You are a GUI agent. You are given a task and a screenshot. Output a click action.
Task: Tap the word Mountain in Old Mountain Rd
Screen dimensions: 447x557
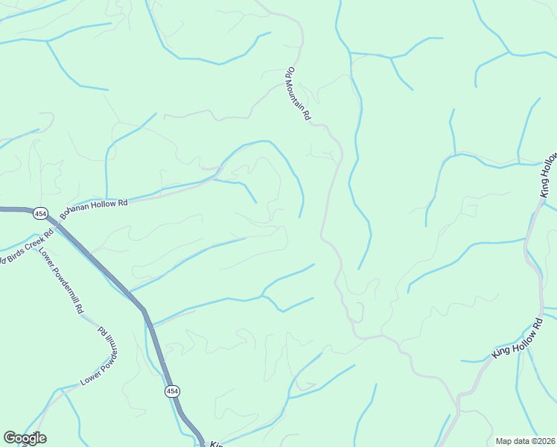tap(298, 95)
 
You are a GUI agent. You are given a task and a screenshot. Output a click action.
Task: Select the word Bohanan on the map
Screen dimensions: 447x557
tap(77, 209)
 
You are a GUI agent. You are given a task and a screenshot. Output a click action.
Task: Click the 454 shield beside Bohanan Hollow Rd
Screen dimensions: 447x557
tap(40, 214)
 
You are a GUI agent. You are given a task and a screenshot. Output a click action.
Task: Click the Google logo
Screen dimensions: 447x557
tap(25, 438)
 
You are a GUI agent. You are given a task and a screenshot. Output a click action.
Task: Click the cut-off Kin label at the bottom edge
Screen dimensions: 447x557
tap(216, 444)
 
